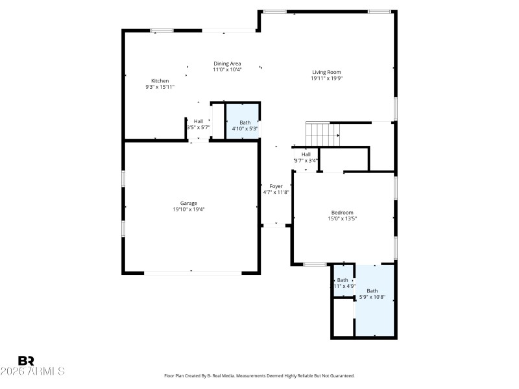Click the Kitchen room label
[x=160, y=81]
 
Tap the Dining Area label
[x=228, y=64]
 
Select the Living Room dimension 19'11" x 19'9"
[x=326, y=78]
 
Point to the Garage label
[x=189, y=204]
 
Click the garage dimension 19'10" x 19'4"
[x=189, y=209]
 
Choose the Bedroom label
[x=343, y=213]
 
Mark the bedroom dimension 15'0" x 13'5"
[x=343, y=219]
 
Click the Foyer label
[x=276, y=186]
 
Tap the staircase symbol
[x=323, y=134]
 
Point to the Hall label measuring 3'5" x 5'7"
[x=198, y=121]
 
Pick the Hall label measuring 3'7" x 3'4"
[x=306, y=154]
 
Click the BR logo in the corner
[x=26, y=360]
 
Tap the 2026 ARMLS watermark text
[x=32, y=371]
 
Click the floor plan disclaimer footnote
[x=259, y=375]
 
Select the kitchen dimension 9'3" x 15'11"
[x=160, y=87]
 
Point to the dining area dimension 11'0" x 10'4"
[x=228, y=69]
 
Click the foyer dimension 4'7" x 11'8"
[x=276, y=192]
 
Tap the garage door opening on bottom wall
[x=193, y=273]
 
